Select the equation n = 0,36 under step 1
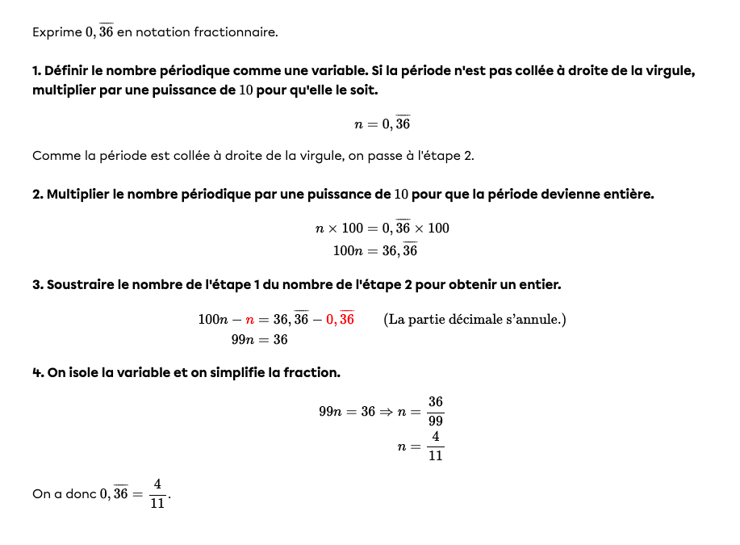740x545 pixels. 383,124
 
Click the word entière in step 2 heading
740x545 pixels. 625,195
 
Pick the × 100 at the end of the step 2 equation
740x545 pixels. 433,228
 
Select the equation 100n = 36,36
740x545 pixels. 375,251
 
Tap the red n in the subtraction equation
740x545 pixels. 249,320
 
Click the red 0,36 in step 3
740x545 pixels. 340,320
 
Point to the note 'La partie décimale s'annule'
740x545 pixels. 475,320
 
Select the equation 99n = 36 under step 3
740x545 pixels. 259,340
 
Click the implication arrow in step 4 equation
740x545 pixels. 387,412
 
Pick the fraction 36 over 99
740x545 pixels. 436,411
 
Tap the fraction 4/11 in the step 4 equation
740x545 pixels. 436,446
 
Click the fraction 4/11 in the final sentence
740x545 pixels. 157,493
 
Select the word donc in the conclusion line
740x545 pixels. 80,493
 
